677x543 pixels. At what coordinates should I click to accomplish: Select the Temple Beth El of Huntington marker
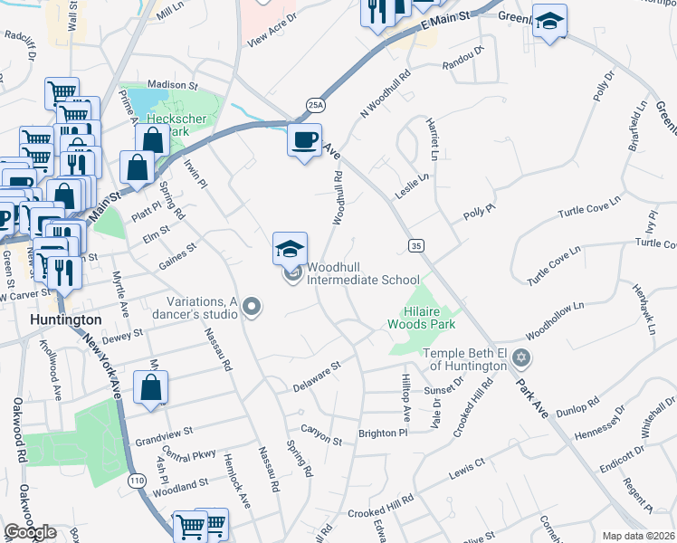[x=520, y=359]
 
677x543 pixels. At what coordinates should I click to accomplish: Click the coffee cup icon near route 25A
[x=304, y=140]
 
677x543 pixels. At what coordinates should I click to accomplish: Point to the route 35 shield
[x=415, y=245]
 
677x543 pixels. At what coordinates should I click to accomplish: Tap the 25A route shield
[x=314, y=105]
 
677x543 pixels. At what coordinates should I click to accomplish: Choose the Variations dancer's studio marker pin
[x=253, y=309]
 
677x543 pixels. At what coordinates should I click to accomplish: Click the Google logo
[x=31, y=532]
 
